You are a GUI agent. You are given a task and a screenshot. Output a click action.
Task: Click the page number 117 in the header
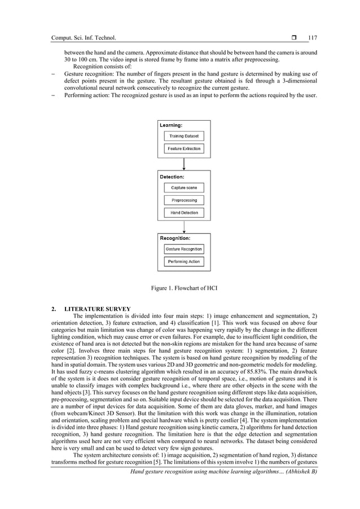[x=313, y=38]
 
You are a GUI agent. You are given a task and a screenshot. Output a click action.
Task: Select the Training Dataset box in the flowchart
[x=184, y=137]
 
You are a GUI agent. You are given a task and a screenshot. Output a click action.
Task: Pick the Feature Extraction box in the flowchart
[x=184, y=149]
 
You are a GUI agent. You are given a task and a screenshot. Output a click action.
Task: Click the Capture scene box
[x=184, y=188]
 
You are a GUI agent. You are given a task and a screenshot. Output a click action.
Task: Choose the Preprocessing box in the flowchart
[x=184, y=200]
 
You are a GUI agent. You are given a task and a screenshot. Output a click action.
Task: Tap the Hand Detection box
[x=184, y=213]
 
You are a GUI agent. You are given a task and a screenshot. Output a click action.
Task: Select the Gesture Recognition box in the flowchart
[x=184, y=249]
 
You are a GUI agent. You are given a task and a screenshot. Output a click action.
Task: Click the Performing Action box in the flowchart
[x=184, y=262]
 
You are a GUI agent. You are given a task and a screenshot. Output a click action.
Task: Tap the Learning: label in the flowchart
[x=171, y=125]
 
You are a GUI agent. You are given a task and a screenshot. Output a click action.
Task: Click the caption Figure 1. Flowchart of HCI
[x=184, y=288]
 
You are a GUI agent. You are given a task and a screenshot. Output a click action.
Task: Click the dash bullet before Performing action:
[x=53, y=95]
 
